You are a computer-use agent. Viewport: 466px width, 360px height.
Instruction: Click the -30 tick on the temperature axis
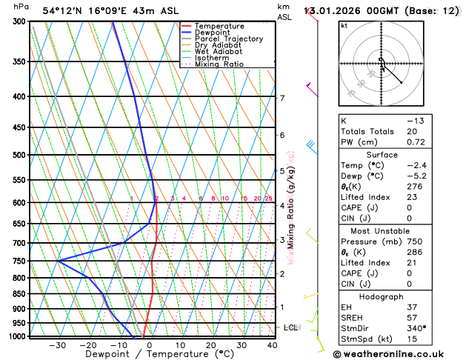[57, 344]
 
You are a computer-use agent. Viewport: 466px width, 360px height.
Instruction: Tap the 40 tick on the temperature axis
[272, 344]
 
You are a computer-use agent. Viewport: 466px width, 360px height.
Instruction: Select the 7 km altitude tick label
[282, 98]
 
